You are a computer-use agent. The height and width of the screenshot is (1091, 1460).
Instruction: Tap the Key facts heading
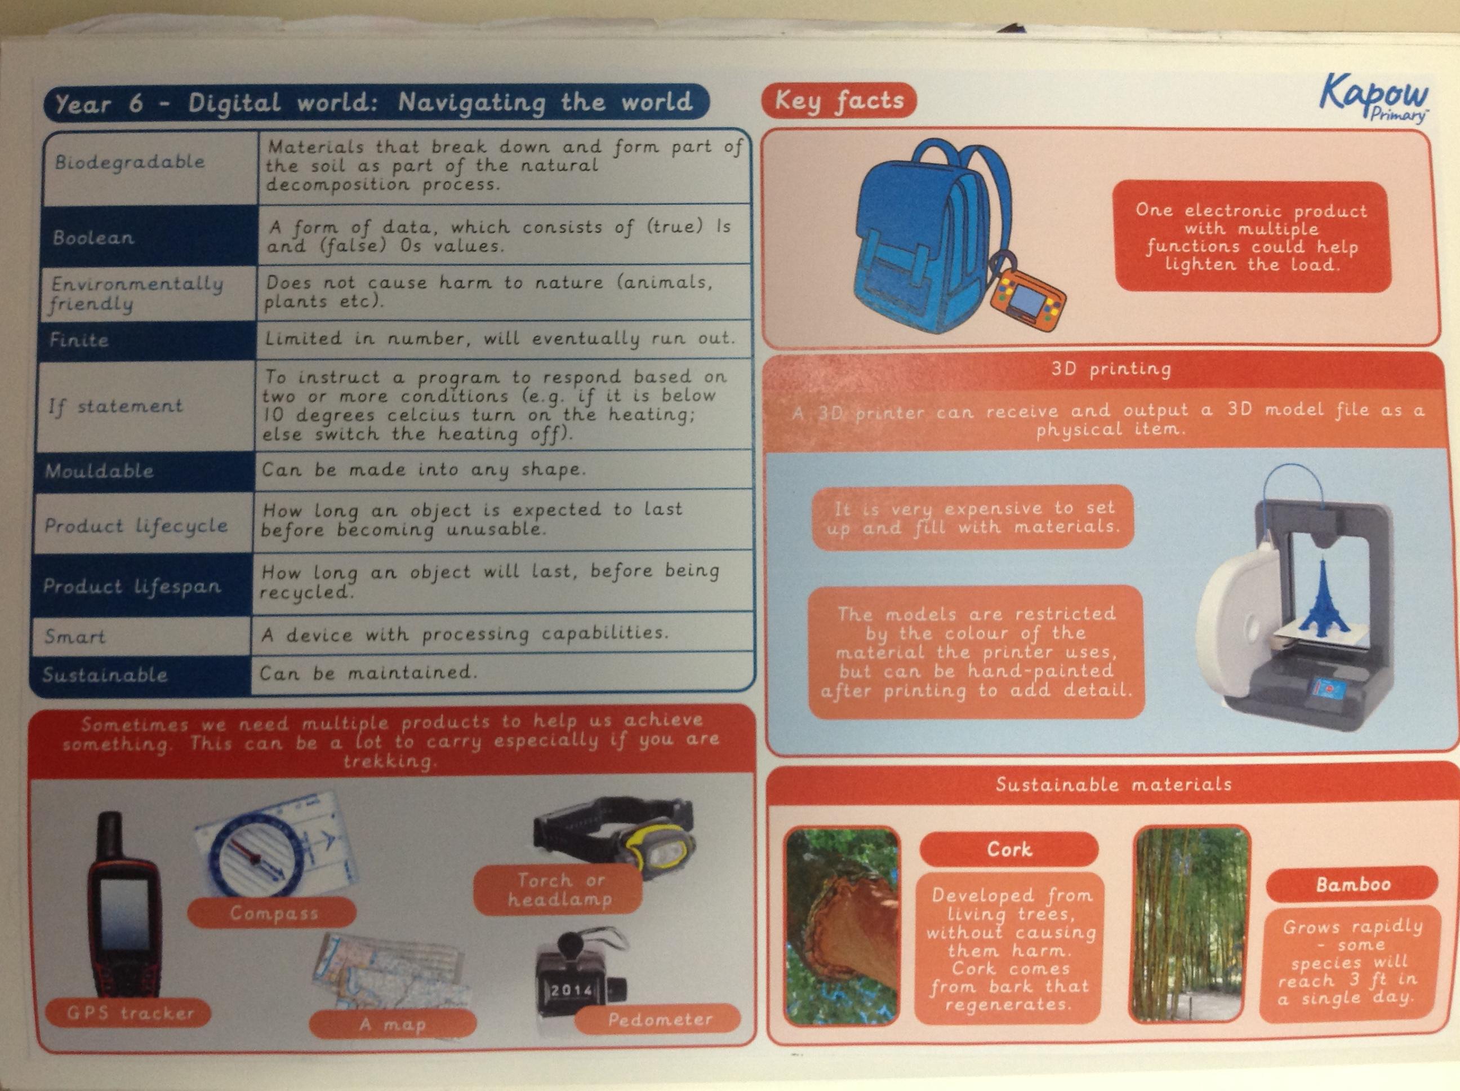(838, 101)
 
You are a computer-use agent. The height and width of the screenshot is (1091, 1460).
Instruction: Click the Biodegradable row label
(130, 161)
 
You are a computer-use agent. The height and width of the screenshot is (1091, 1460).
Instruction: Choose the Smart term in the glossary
(74, 637)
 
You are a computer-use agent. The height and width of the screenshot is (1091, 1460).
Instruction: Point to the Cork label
(1008, 849)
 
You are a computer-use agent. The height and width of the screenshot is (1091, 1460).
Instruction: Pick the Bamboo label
(1352, 884)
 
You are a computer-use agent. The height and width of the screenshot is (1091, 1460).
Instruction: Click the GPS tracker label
(130, 1013)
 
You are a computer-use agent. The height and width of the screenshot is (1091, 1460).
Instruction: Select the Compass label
(273, 913)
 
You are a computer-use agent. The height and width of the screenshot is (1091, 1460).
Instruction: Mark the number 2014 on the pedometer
(572, 990)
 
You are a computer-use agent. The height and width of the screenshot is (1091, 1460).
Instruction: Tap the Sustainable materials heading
(1114, 784)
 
